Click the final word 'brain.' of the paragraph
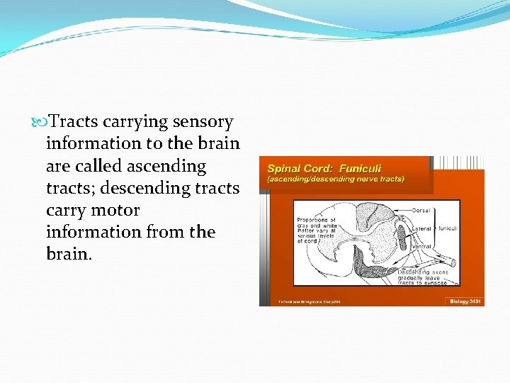[69, 254]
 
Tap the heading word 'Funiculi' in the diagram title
[360, 168]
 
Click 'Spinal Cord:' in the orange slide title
[300, 168]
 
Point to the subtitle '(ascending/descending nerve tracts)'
[335, 179]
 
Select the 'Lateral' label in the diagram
[422, 229]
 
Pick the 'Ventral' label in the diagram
[422, 246]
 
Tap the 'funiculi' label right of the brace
[449, 229]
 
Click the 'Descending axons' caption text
[423, 272]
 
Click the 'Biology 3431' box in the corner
[465, 301]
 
